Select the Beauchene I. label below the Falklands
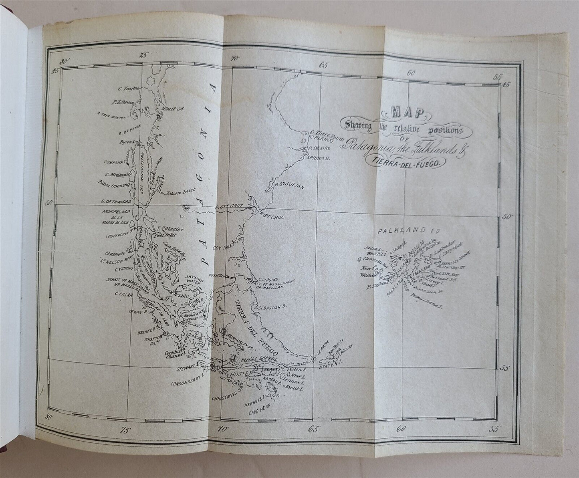pos(426,307)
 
